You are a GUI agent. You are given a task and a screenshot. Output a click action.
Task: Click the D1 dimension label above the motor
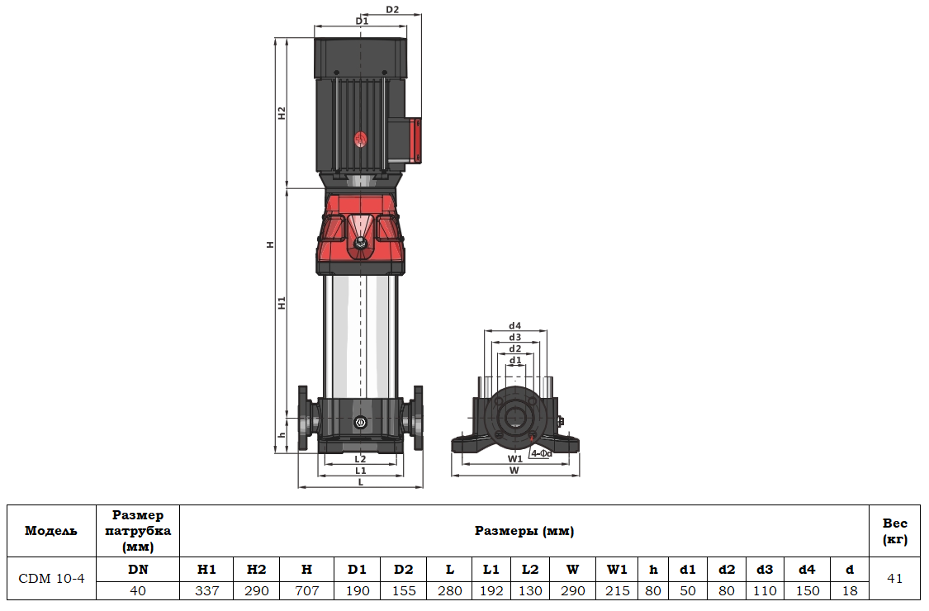[x=360, y=20]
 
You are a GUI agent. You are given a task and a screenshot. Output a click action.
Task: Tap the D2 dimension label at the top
[x=392, y=10]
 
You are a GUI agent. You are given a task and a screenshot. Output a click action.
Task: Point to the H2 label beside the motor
[x=282, y=113]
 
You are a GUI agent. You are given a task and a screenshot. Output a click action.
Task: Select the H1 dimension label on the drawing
[x=282, y=302]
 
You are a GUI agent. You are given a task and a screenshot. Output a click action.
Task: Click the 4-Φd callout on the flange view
[x=541, y=453]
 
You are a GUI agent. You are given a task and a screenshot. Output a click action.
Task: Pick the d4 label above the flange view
[x=515, y=325]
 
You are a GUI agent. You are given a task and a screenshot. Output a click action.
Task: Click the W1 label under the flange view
[x=514, y=458]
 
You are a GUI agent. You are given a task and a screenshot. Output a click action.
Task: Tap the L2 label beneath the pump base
[x=360, y=458]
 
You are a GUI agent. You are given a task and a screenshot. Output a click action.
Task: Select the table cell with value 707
[x=306, y=590]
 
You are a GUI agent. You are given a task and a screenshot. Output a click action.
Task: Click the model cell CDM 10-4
[x=51, y=579]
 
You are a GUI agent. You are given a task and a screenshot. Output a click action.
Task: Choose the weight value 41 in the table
[x=894, y=579]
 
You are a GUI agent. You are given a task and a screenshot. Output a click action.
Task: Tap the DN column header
[x=138, y=569]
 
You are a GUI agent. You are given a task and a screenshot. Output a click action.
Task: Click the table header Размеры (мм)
[x=524, y=531]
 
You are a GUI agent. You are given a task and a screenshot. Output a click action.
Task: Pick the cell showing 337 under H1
[x=206, y=590]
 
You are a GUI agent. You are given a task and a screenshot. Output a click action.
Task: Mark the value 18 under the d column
[x=850, y=590]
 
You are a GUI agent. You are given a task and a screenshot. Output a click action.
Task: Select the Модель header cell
[x=51, y=531]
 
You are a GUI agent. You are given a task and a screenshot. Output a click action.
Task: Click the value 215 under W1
[x=617, y=590]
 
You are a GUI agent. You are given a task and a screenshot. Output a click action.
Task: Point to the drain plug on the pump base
[x=360, y=423]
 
